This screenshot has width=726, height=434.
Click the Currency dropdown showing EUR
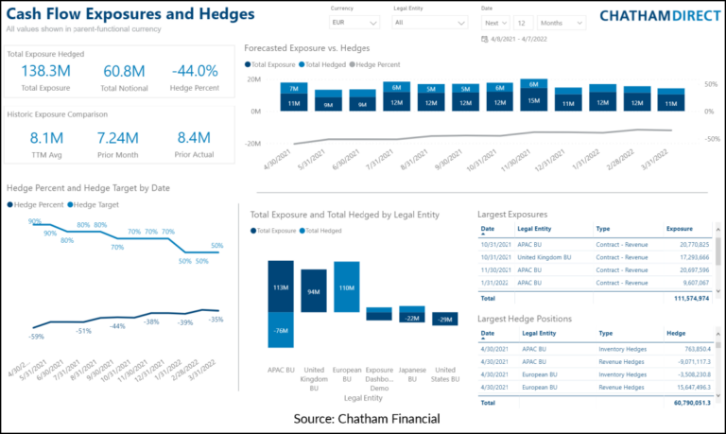click(354, 21)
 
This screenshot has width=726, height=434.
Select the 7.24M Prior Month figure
click(118, 138)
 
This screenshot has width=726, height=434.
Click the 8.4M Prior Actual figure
click(194, 138)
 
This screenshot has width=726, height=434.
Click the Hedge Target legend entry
click(96, 204)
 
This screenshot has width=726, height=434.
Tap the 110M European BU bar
click(346, 287)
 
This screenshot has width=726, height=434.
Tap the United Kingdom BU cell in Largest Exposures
click(551, 256)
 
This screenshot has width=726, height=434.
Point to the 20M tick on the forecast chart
click(252, 79)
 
